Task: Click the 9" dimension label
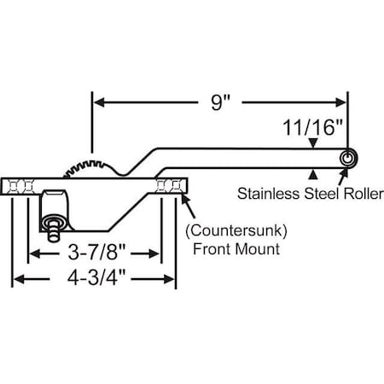coord(221,102)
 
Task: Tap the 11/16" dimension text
coord(313,127)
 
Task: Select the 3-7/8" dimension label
coord(96,253)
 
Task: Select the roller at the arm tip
coord(347,159)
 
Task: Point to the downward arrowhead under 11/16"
coord(315,147)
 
